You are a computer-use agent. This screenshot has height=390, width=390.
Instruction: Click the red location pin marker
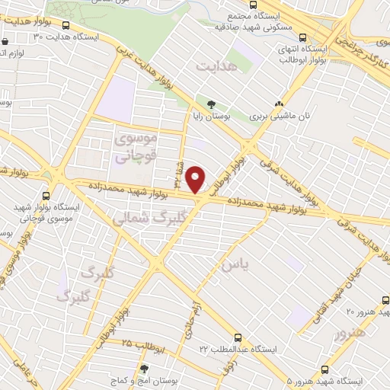pyautogui.click(x=197, y=180)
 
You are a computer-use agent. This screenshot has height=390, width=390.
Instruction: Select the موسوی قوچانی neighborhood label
pyautogui.click(x=136, y=148)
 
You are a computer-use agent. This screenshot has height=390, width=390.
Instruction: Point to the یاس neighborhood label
pyautogui.click(x=235, y=264)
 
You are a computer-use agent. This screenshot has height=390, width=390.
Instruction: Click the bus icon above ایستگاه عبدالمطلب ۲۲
pyautogui.click(x=238, y=336)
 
